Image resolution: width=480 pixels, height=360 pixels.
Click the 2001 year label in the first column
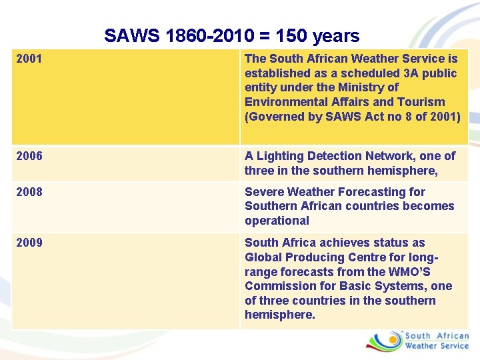click(x=29, y=59)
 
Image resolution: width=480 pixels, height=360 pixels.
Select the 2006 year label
click(x=29, y=156)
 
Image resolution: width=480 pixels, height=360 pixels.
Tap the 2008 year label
click(x=29, y=192)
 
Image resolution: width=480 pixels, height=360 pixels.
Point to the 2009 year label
click(x=29, y=243)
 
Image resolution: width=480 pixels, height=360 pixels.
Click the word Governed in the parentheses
click(x=276, y=117)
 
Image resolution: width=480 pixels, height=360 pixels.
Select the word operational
click(x=277, y=221)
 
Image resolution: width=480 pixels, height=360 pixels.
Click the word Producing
click(x=315, y=257)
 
